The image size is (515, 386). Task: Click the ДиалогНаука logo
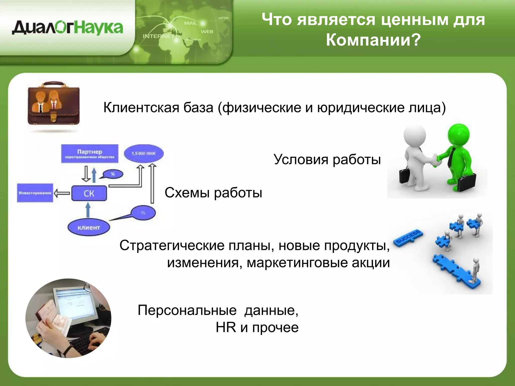coord(67,28)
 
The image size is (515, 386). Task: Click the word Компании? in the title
coord(373,40)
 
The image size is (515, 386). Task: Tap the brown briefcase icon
coord(54,106)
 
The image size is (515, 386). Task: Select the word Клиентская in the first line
coord(141,108)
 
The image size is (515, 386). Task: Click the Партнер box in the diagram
coord(90,154)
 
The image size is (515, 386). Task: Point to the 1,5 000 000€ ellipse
coord(144,153)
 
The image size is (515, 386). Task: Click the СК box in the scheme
coord(89,193)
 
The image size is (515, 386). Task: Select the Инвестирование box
coord(35,193)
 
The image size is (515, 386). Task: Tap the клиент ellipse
coord(89,227)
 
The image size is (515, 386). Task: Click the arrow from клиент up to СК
coord(88,210)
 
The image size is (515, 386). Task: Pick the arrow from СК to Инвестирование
coord(62,193)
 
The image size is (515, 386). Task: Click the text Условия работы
coord(327,159)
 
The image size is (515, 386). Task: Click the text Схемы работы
coord(213,193)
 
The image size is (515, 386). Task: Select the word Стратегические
coord(172,245)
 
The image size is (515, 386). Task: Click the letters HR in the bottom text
coord(226,327)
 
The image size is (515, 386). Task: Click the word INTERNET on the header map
coord(158,36)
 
